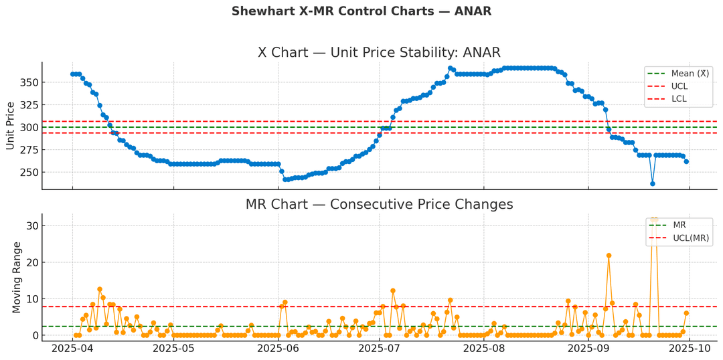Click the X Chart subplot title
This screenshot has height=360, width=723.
379,53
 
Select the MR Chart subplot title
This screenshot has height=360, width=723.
379,204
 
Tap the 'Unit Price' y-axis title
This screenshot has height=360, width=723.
10,126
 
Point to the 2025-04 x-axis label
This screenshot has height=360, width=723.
72,348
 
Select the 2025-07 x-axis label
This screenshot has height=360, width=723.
379,348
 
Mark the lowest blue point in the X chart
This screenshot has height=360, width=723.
653,183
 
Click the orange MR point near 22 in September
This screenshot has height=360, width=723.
609,255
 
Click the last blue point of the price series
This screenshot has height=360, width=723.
686,161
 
